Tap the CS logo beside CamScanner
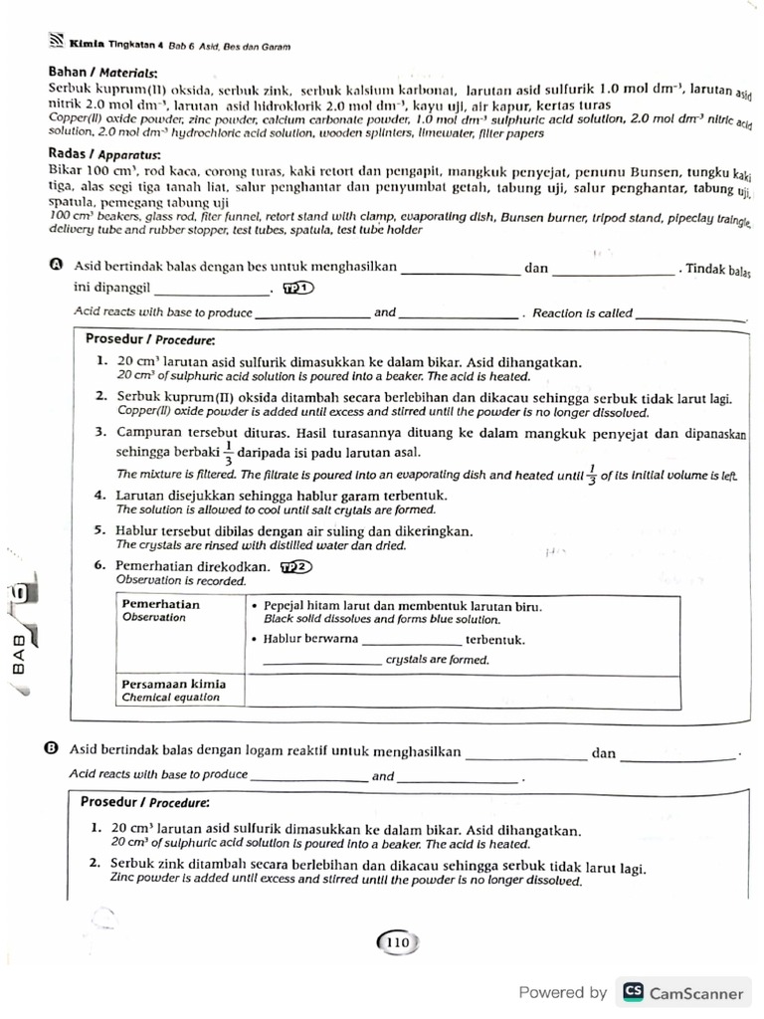coord(632,992)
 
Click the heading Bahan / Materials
coord(102,73)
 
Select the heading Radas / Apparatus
coord(104,153)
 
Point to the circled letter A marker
coord(55,266)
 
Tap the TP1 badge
coord(297,289)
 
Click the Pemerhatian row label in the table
coord(159,604)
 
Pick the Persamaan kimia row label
coord(173,684)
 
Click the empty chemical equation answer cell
coord(462,691)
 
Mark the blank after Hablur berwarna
coord(411,640)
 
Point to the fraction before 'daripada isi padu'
coord(228,452)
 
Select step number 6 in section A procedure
coord(100,566)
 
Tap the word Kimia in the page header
coord(87,45)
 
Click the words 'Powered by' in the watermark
coord(562,992)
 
